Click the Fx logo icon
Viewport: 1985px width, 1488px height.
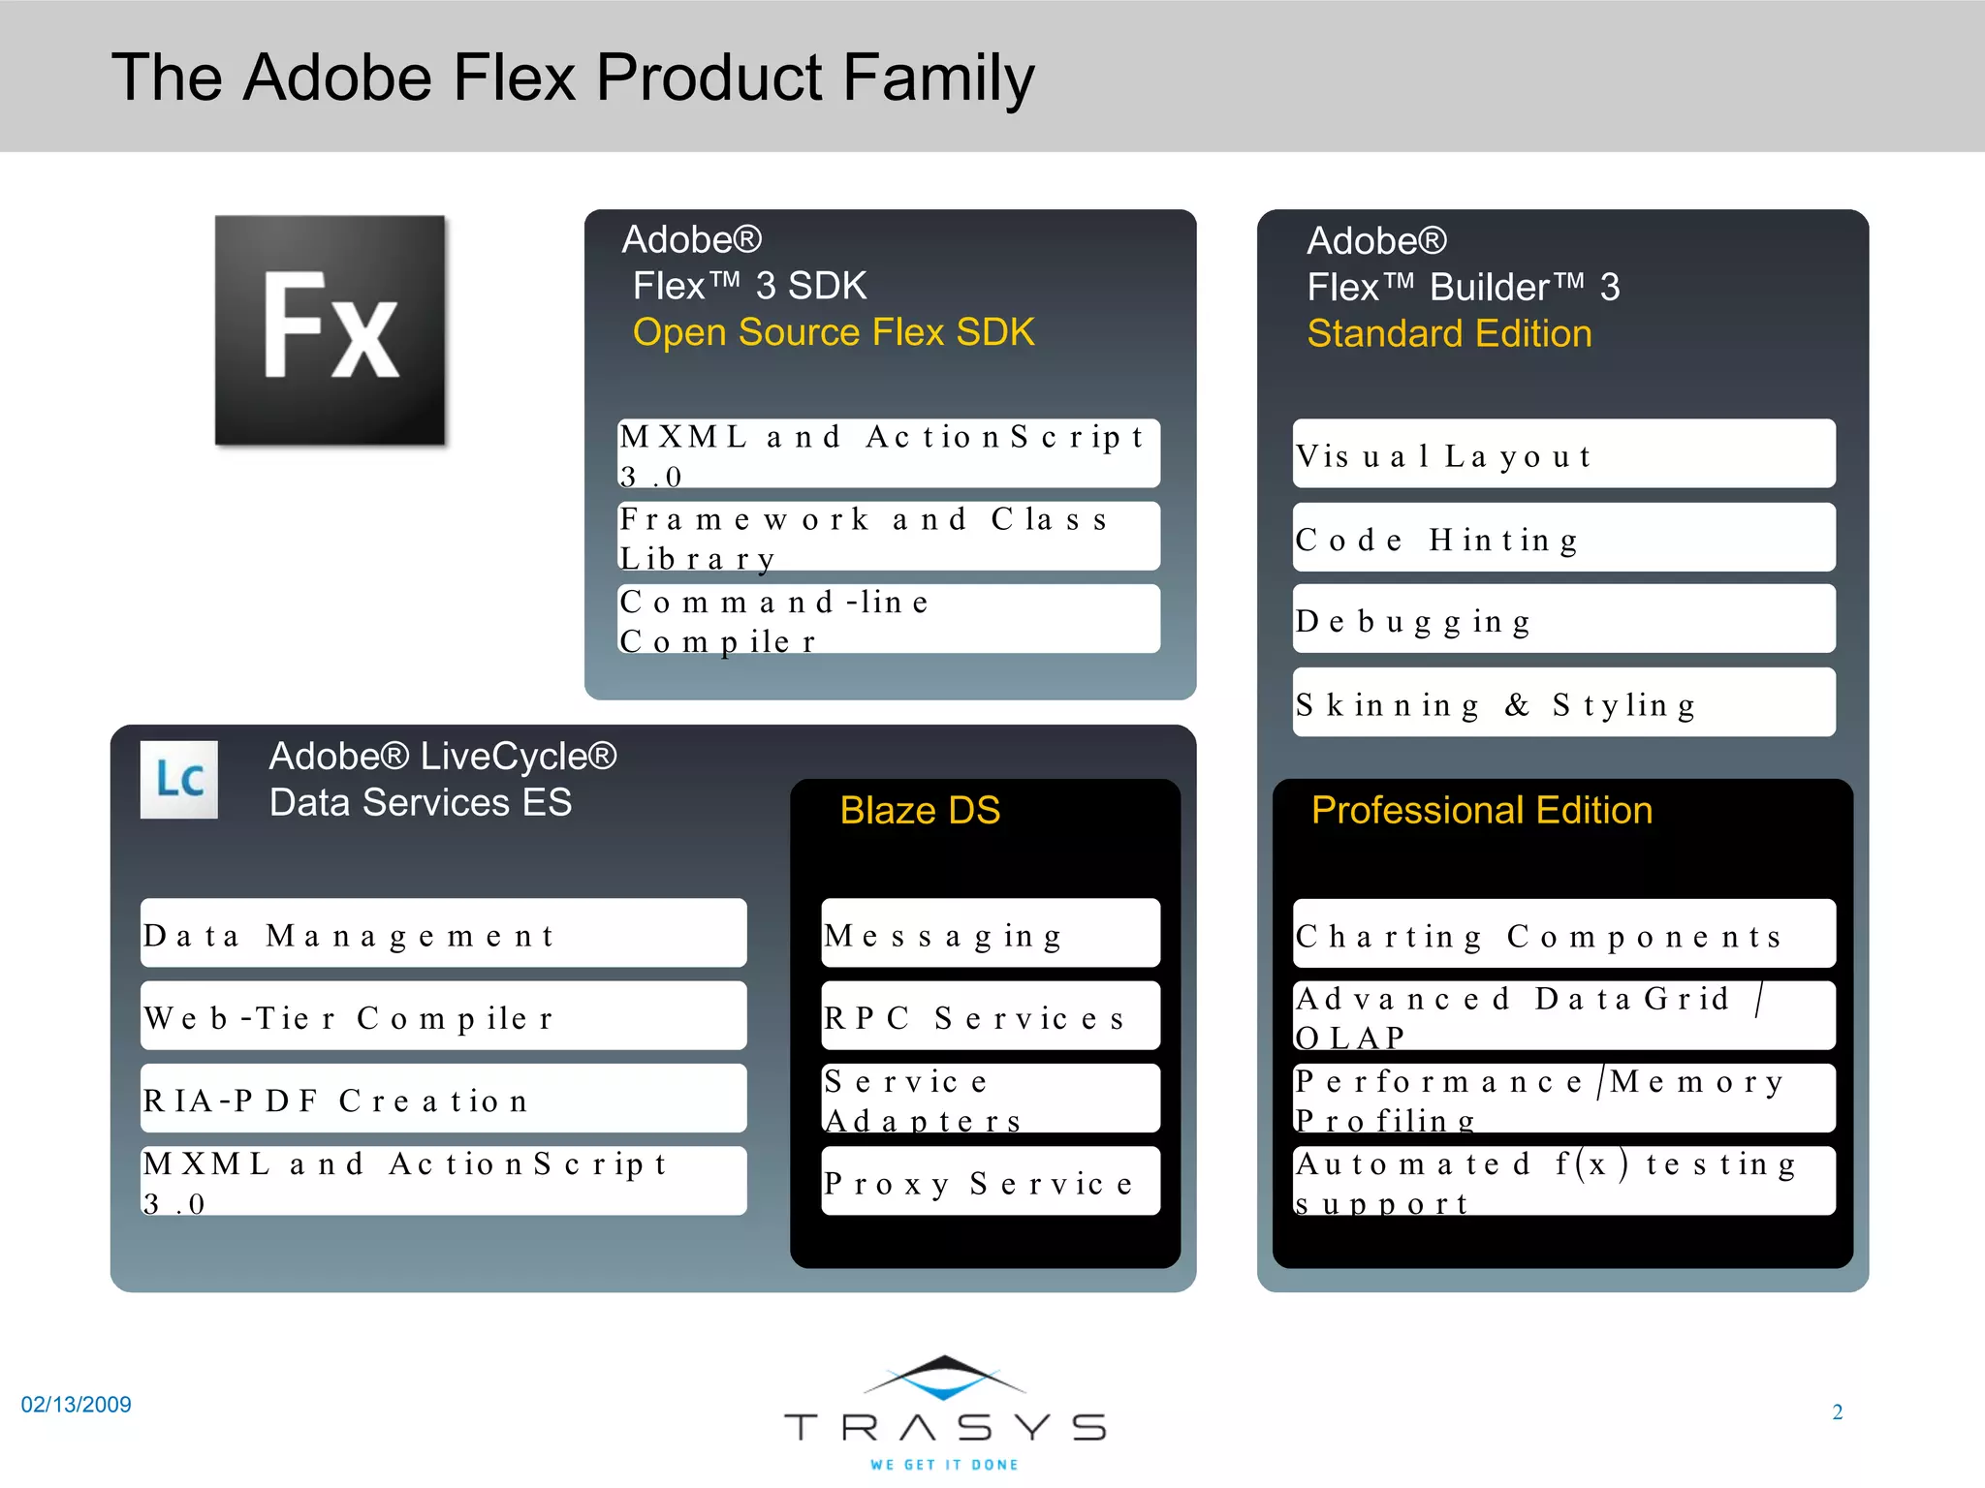330,329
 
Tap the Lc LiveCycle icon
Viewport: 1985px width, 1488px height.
179,779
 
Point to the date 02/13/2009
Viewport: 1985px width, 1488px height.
77,1405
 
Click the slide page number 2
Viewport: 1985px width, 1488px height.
1837,1411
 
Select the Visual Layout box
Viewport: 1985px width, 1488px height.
1563,453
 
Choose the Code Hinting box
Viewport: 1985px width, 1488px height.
1563,537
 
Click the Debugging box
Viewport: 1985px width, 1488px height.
1563,619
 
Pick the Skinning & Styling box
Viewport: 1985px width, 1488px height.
1563,702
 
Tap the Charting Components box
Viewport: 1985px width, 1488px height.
1563,933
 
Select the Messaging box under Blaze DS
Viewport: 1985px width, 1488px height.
990,933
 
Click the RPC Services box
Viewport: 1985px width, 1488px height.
990,1015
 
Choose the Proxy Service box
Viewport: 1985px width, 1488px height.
990,1181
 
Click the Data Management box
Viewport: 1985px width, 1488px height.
443,933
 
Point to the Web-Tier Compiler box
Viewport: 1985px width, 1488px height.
443,1015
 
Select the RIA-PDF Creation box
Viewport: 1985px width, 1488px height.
443,1099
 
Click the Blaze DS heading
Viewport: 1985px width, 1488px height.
920,810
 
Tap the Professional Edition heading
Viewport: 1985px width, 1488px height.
1481,810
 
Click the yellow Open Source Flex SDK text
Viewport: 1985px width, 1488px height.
834,332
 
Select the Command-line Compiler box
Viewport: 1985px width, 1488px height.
888,619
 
